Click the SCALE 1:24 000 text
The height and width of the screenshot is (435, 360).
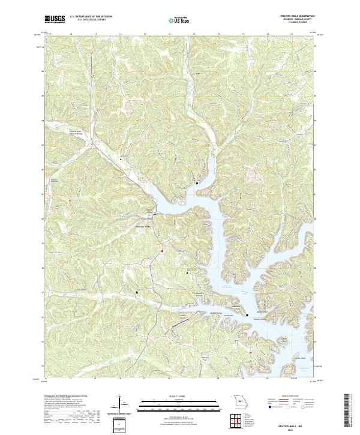[171, 396]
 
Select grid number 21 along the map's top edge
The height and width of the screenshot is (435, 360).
[291, 35]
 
